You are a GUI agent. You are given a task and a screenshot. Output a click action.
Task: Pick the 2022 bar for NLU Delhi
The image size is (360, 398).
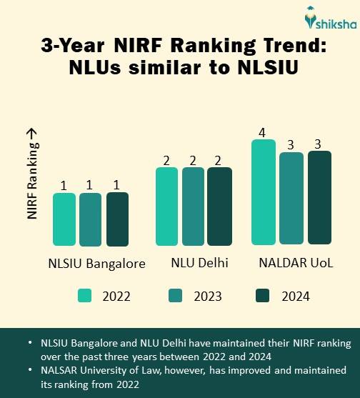166,207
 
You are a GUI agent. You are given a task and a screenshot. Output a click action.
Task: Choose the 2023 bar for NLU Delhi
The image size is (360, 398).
193,207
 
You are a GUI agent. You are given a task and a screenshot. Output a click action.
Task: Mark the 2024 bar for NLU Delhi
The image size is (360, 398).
219,207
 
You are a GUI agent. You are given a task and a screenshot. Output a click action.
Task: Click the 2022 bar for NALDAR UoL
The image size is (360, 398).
264,192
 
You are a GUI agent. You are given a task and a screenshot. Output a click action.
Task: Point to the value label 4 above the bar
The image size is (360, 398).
262,132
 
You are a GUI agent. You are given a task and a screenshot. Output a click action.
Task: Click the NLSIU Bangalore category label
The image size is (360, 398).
97,264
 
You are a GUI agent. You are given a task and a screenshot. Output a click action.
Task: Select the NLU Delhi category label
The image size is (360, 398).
199,264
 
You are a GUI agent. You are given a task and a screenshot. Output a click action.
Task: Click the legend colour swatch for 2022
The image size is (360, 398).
85,295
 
